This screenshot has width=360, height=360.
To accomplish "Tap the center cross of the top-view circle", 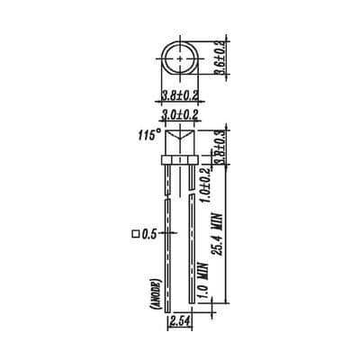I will [x=181, y=57].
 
